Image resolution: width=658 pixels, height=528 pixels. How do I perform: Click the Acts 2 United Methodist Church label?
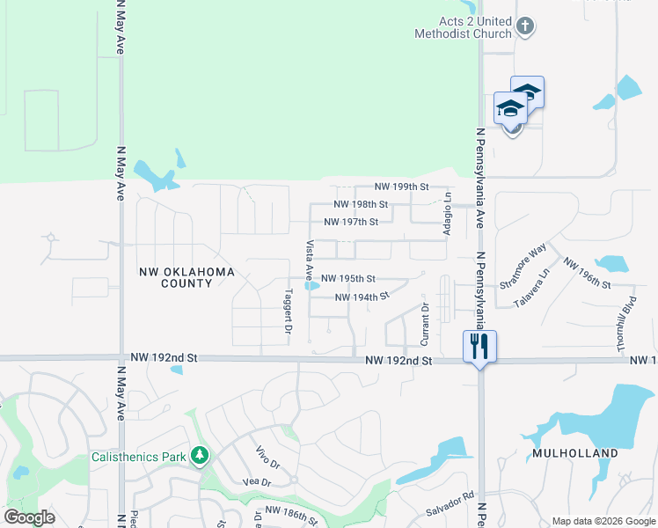[464, 28]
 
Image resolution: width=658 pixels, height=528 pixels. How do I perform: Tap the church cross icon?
[525, 26]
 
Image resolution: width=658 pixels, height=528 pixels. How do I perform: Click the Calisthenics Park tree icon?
[201, 456]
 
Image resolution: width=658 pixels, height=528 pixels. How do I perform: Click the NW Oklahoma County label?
[186, 278]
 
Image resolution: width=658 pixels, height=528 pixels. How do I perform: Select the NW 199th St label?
[401, 187]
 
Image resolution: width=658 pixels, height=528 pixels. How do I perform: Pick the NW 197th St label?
[351, 222]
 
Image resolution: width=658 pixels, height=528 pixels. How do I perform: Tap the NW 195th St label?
[348, 278]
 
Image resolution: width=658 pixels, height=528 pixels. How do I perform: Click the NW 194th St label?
[362, 297]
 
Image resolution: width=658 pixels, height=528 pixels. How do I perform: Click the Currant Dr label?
[425, 323]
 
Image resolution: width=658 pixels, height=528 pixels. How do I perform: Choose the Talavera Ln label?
[531, 287]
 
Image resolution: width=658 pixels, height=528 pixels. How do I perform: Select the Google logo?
[30, 517]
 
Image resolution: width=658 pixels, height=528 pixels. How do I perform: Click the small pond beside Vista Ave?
[310, 285]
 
